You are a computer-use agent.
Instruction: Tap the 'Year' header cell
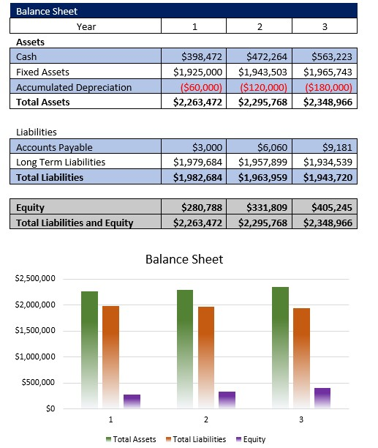coord(86,26)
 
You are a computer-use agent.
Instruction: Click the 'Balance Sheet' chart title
coord(184,259)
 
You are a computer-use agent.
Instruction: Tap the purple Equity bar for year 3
coord(322,397)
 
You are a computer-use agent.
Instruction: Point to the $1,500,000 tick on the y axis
coord(35,331)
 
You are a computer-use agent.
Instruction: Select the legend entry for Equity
coord(251,439)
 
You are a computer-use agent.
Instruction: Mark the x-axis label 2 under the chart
coord(205,419)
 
